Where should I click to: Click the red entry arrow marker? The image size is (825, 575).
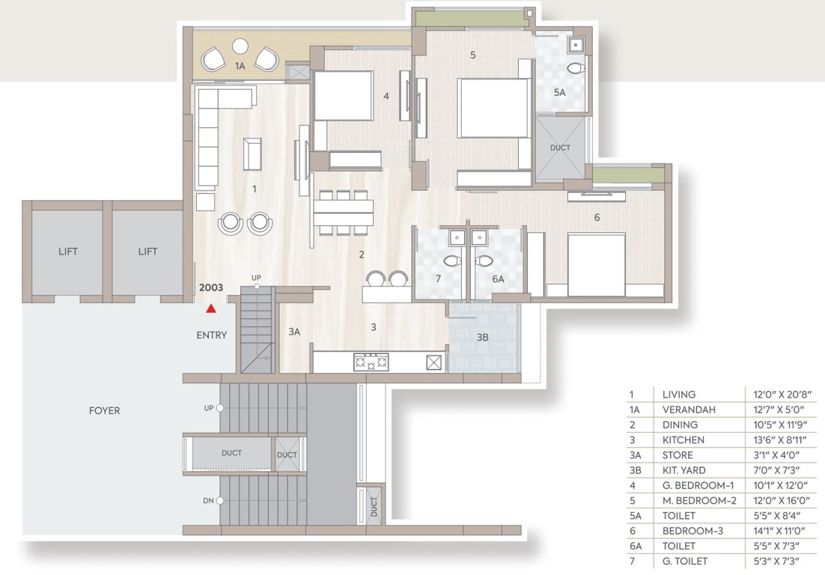212,308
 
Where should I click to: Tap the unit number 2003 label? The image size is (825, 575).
211,287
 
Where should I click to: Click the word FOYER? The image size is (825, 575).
104,410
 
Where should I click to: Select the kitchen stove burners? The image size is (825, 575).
371,362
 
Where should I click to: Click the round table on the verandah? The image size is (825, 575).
240,46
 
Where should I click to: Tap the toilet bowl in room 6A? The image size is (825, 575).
484,262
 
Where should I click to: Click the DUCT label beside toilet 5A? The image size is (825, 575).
560,147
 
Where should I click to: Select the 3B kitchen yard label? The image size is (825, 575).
483,338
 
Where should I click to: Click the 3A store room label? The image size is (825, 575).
294,331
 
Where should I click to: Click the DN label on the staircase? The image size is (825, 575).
208,500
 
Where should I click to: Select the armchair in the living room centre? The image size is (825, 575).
252,153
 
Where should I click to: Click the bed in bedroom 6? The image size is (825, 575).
596,264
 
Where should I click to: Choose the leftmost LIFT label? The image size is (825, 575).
68,252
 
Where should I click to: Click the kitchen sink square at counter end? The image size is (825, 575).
434,362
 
